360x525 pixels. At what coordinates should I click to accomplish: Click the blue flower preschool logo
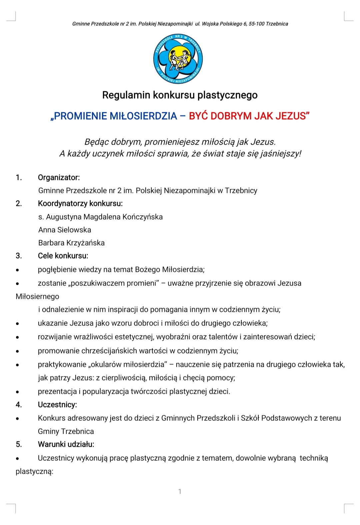178,59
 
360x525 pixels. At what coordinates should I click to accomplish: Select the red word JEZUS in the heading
291,116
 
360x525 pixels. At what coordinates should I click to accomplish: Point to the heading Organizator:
59,178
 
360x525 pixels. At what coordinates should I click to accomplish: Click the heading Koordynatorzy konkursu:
80,204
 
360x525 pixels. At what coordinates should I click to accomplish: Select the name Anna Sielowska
65,230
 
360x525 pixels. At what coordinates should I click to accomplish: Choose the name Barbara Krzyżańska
71,243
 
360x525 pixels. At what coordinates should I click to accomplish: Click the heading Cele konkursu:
63,256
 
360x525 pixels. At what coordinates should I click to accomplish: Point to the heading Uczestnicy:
57,405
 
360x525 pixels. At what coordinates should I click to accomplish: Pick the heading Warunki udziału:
66,444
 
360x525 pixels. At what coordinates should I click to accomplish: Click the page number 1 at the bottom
180,491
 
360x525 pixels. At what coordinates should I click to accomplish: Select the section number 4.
19,405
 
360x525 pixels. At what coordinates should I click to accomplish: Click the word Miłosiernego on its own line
37,296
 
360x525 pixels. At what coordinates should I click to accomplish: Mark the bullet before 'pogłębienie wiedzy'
17,270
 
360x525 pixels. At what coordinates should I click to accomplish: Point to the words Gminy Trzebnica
66,431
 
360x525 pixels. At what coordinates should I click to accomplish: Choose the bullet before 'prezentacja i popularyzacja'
17,392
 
